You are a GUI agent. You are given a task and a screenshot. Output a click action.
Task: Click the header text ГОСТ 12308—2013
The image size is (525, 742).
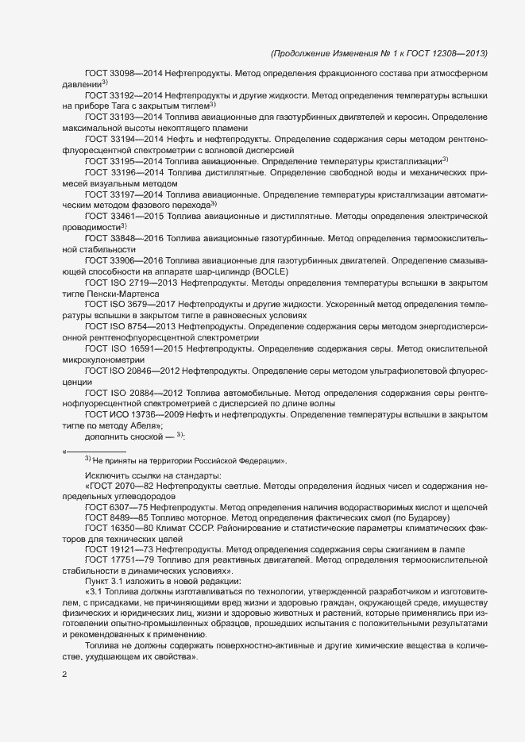[x=448, y=54]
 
